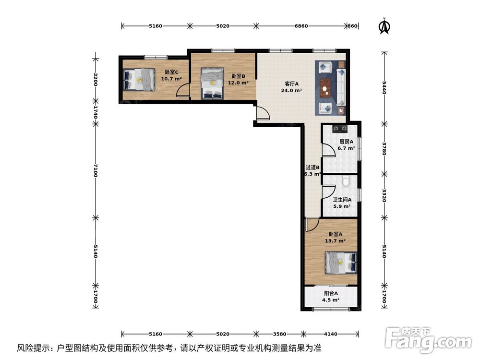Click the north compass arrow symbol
coord(384,27)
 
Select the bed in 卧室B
coord(212,83)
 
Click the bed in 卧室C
coord(139,79)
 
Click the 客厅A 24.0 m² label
coord(291,87)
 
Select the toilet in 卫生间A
coord(347,182)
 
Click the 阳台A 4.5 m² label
coord(330,297)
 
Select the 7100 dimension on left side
coord(96,170)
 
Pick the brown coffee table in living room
coord(327,88)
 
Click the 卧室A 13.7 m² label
coord(334,238)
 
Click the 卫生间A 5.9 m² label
coord(342,203)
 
